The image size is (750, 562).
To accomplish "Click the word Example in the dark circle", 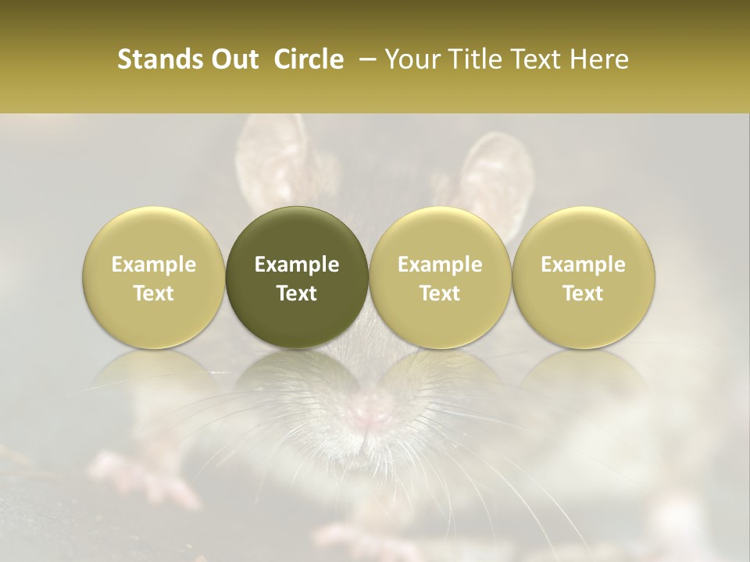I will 297,265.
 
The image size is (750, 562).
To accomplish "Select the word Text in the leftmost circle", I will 154,293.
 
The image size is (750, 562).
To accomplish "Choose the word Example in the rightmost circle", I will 584,265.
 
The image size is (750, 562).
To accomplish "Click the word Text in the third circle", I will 440,293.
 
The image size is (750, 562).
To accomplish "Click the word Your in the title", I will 410,59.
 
